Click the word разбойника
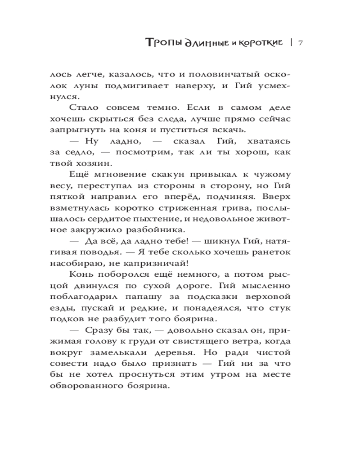pyautogui.click(x=147, y=229)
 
